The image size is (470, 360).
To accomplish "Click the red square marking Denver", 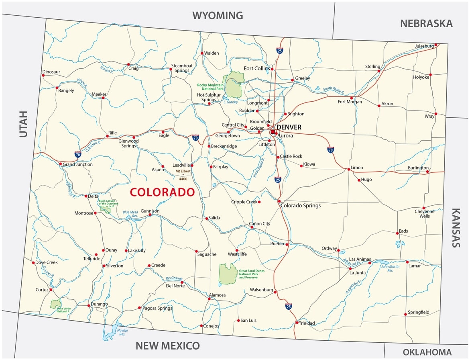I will (x=273, y=131).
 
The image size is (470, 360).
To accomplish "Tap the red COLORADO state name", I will (x=162, y=192).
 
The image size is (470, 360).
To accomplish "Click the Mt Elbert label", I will (x=183, y=171).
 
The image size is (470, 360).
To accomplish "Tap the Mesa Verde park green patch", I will (x=56, y=303).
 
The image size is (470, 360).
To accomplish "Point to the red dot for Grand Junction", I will (x=61, y=164).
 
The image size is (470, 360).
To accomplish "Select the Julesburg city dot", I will (x=436, y=45).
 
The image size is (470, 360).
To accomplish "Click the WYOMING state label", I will (x=218, y=16).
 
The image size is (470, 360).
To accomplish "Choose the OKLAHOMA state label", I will (x=427, y=352).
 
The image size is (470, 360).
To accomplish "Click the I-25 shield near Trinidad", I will (x=289, y=306).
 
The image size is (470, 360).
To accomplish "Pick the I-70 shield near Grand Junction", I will (x=77, y=153).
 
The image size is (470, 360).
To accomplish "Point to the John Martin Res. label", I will (x=390, y=268).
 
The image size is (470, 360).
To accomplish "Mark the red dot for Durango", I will (x=89, y=305).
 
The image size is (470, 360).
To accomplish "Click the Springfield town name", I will (x=418, y=312).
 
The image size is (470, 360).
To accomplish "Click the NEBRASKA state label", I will (x=426, y=23).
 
